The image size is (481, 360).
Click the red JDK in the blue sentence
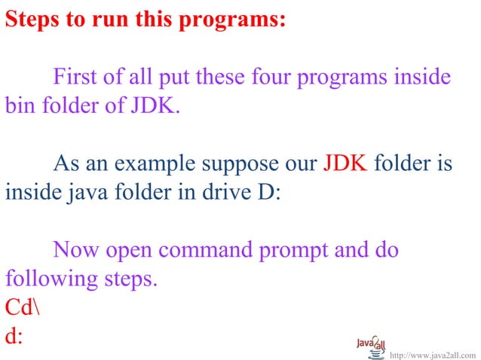[345, 163]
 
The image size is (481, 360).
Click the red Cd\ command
[22, 307]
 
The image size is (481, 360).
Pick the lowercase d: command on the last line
[14, 336]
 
